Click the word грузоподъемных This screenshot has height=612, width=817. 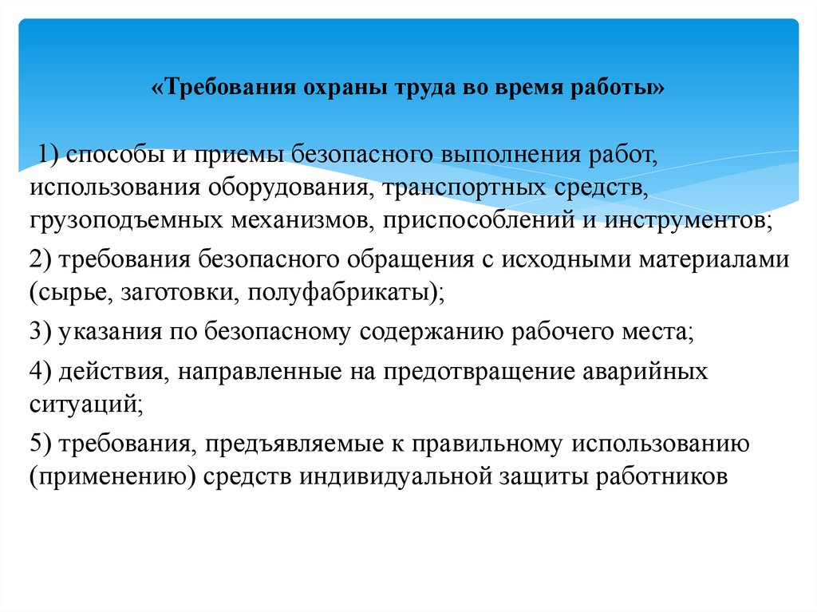coord(127,219)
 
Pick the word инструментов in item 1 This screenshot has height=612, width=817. coord(687,219)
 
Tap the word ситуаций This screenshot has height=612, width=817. coord(85,405)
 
